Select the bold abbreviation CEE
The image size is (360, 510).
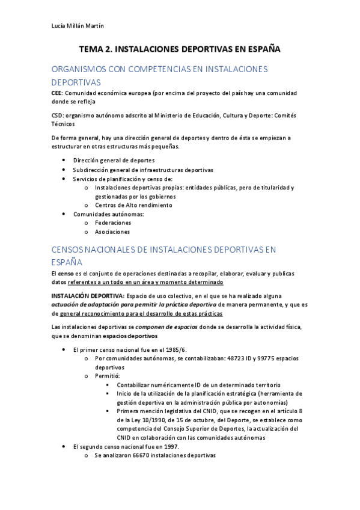[57, 93]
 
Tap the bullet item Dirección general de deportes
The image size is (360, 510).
[114, 161]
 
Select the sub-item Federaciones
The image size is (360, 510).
[113, 223]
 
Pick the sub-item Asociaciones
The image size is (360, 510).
[112, 232]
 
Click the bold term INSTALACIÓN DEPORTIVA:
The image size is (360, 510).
[87, 296]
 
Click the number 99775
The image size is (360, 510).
[262, 358]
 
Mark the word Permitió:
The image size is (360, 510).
[108, 375]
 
